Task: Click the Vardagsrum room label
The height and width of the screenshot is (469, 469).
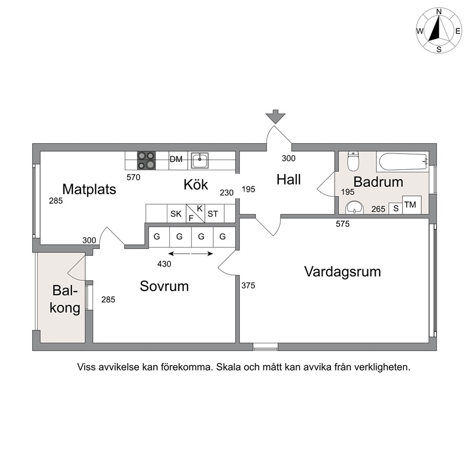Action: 342,272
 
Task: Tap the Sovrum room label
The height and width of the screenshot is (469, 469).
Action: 164,286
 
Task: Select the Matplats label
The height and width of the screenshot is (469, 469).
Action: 89,189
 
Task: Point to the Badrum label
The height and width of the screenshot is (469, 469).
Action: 378,182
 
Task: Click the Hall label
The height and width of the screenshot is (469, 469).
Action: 289,180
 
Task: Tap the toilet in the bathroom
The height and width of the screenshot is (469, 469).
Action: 353,161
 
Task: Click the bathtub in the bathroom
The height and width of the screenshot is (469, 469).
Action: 403,162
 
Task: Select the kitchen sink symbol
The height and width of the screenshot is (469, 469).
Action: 200,160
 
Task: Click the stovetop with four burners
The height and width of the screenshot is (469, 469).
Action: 147,161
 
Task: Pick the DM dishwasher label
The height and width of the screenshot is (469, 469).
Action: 176,159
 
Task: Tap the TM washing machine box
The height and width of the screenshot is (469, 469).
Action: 412,205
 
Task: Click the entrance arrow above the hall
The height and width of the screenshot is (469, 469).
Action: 276,117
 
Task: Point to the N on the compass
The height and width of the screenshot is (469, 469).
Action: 439,12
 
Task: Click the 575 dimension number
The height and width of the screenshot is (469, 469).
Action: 342,224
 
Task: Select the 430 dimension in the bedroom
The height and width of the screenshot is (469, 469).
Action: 164,264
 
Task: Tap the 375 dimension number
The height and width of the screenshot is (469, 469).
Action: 248,286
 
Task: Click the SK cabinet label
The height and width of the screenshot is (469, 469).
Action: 176,214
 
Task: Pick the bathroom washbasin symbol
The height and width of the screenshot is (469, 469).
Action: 354,208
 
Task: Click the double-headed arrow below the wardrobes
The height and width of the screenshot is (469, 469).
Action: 191,254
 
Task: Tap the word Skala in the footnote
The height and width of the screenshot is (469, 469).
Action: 228,367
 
